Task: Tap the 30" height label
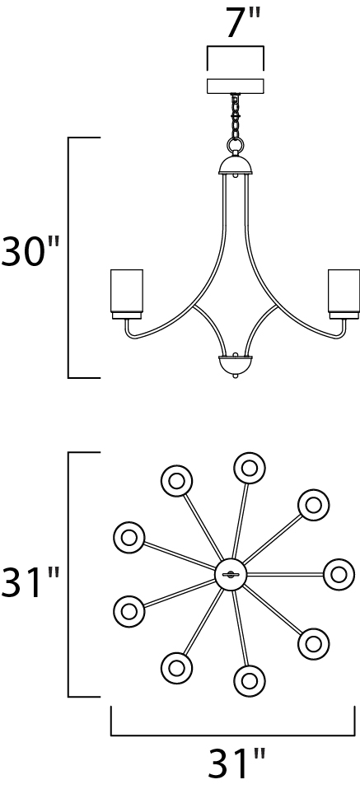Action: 30,250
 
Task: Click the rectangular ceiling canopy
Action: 236,86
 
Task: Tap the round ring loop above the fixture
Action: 235,146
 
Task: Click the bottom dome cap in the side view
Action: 235,363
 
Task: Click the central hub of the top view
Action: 231,574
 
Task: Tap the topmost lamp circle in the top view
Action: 250,468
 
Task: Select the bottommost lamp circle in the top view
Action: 250,681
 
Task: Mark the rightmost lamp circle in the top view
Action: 339,574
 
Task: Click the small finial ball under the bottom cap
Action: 235,375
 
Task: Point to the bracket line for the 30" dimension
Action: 69,257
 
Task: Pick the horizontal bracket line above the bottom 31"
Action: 232,735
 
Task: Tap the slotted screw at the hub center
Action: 231,574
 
